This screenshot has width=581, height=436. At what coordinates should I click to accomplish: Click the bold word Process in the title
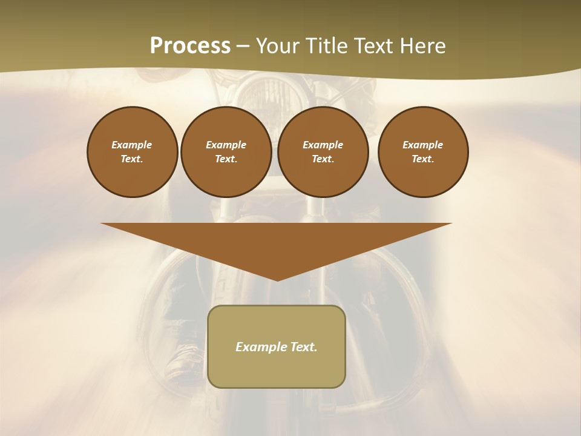click(190, 46)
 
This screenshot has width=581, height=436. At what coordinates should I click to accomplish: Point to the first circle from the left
click(133, 152)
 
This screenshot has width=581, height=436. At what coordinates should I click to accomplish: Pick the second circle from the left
click(226, 152)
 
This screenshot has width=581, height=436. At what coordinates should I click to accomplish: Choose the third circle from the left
click(323, 152)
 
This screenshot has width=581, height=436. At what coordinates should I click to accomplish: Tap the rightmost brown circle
click(423, 152)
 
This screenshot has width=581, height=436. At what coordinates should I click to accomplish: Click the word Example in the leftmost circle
click(132, 145)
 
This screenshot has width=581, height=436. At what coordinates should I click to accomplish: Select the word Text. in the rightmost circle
click(423, 159)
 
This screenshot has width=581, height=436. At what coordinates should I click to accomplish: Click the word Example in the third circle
click(323, 145)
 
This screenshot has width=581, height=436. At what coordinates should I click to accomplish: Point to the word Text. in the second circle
click(226, 159)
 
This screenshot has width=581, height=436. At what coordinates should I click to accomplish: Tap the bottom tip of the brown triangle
click(277, 279)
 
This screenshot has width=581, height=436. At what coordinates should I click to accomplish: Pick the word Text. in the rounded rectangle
click(304, 347)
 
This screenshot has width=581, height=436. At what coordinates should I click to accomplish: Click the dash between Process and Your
click(242, 46)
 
